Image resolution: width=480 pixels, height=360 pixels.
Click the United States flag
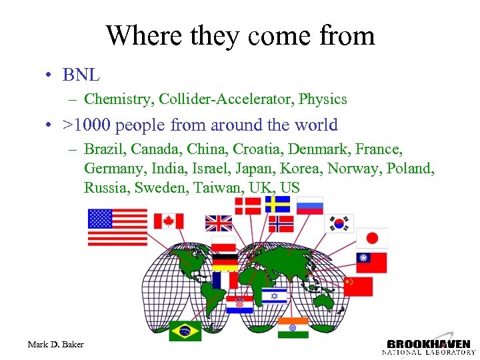117,227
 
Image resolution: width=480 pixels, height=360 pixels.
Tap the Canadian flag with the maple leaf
168,221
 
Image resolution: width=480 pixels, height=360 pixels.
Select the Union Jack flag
219,223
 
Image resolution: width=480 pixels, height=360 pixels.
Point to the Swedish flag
277,204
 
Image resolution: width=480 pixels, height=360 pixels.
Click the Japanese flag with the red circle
371,238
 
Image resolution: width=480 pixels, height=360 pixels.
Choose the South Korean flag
339,223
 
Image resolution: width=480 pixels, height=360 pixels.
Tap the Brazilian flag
185,331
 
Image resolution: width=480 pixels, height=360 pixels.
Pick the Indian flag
293,327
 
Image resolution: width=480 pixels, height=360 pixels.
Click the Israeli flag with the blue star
273,296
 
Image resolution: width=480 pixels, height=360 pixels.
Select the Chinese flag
358,286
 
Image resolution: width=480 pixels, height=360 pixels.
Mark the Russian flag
310,205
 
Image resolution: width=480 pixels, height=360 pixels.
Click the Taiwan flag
371,262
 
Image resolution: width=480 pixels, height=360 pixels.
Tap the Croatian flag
239,305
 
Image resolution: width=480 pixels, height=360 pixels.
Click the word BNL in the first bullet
81,74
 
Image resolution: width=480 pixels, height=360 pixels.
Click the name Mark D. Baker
56,344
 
